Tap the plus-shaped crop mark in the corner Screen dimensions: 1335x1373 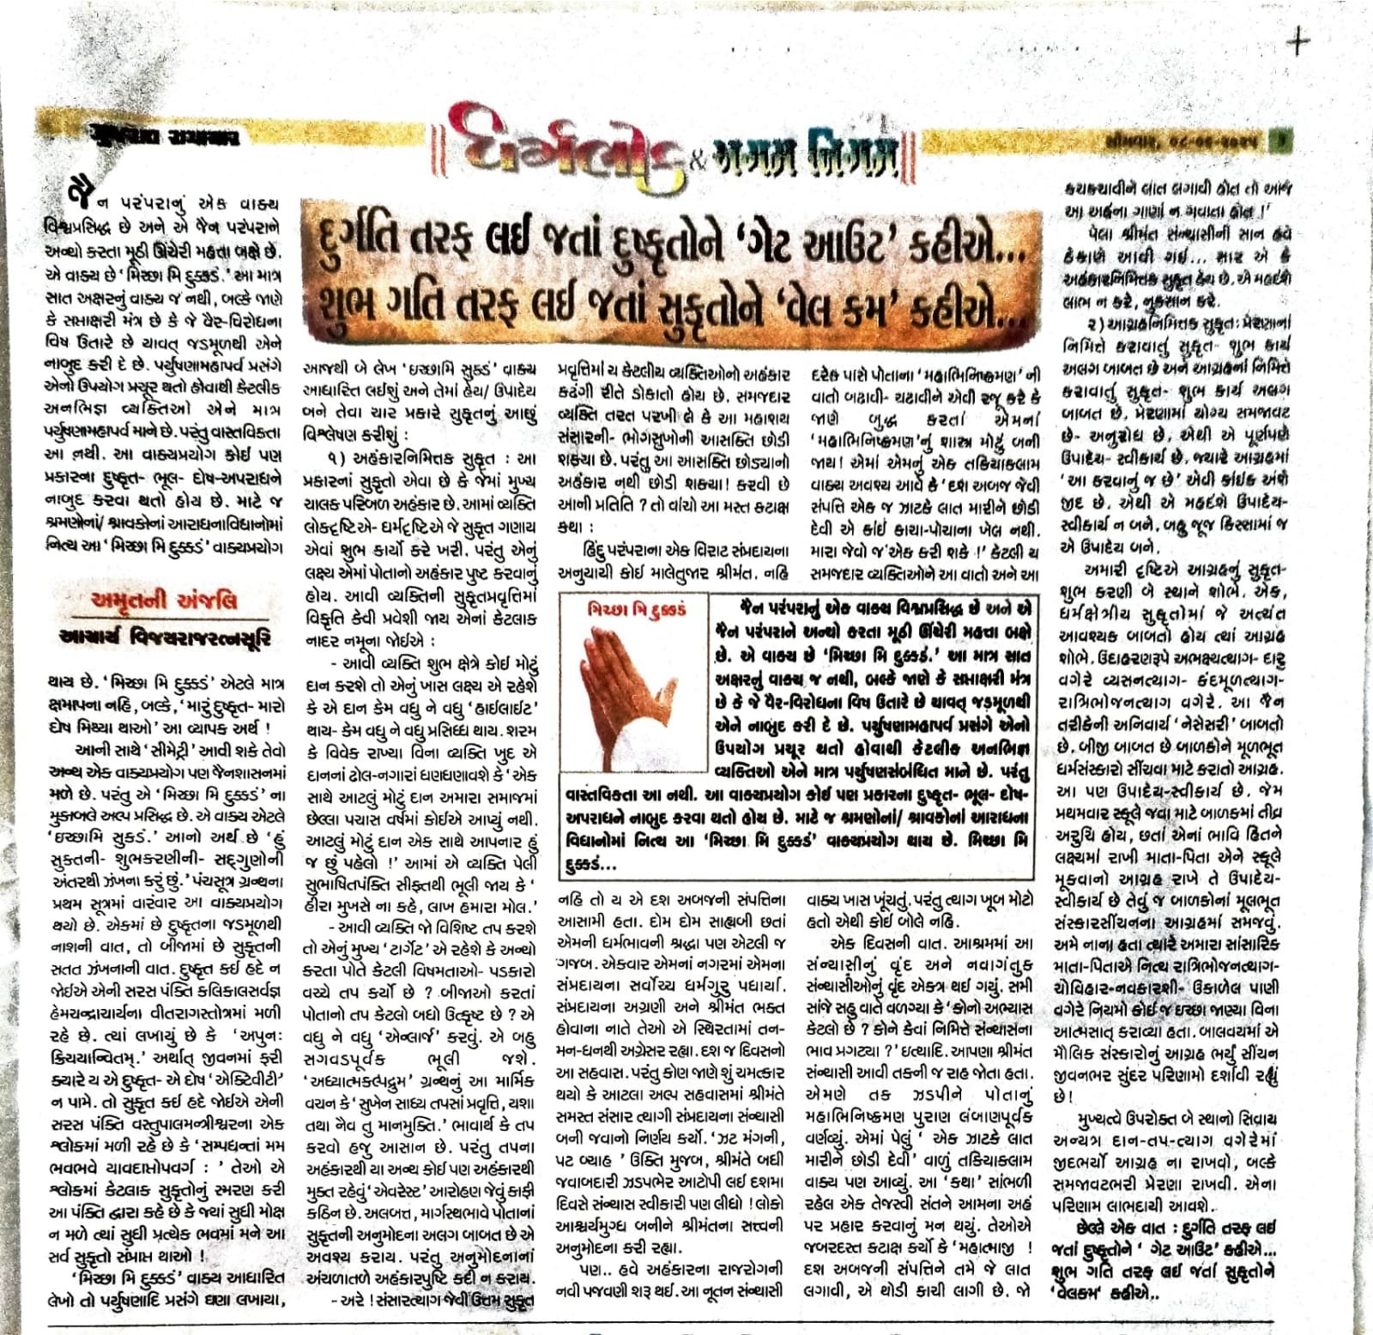tap(1301, 42)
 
